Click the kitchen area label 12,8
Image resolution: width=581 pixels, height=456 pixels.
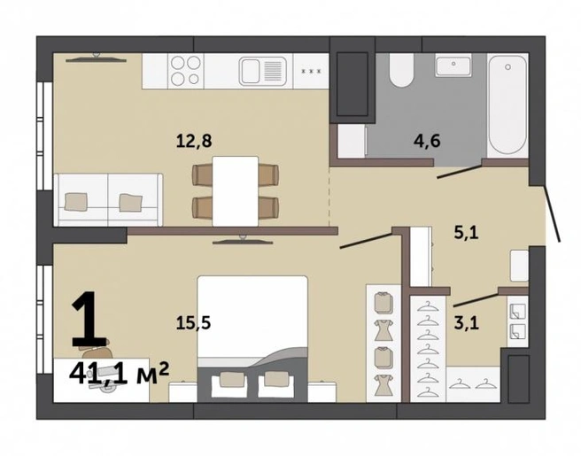click(x=194, y=142)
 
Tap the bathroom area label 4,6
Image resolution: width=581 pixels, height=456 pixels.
click(x=427, y=141)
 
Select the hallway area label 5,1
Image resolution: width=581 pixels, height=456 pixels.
click(x=467, y=233)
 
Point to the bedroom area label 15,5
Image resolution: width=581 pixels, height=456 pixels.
click(x=193, y=323)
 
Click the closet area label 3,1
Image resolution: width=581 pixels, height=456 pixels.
click(x=467, y=323)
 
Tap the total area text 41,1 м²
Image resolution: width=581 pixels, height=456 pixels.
click(x=119, y=374)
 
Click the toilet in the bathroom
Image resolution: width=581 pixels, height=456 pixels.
click(x=400, y=70)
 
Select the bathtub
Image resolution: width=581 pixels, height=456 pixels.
click(x=507, y=106)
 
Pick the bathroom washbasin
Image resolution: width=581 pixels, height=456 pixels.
click(x=453, y=66)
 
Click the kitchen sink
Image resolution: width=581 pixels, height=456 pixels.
click(x=263, y=71)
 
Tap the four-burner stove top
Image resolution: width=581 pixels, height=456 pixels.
click(x=186, y=71)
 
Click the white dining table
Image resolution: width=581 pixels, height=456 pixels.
click(x=236, y=191)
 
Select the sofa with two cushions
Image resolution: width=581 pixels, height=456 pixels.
click(x=108, y=199)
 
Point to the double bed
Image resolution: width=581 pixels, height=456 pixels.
click(x=252, y=338)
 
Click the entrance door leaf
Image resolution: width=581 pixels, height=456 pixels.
click(x=551, y=213)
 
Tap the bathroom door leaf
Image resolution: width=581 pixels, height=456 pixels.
click(x=460, y=172)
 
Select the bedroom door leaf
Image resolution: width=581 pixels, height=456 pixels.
click(x=366, y=241)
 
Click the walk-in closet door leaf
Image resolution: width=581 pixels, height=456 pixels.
click(x=476, y=299)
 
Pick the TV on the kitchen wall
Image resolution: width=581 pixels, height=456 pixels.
click(x=97, y=58)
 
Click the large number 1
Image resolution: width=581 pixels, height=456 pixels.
click(x=89, y=320)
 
